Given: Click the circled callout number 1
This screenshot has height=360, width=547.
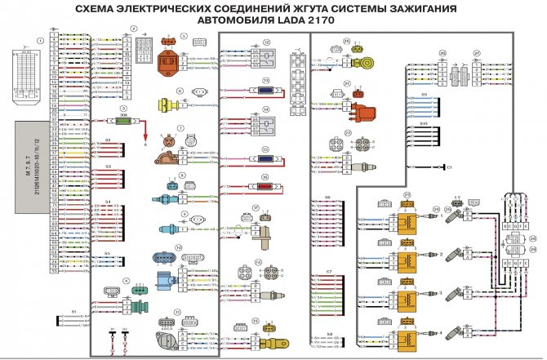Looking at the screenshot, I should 38,39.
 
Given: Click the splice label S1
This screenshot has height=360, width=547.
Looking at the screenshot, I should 73,312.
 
